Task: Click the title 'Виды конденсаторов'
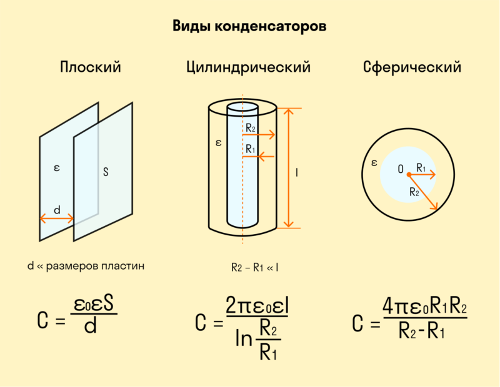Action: [x=249, y=26]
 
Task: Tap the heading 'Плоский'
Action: [x=91, y=67]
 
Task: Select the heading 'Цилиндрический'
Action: [x=248, y=67]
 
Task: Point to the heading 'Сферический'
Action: [x=412, y=67]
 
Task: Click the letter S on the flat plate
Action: [x=106, y=172]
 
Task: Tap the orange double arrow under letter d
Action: [x=57, y=219]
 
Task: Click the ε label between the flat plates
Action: [x=57, y=168]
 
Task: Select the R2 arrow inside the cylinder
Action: [x=259, y=135]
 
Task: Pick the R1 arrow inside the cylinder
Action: [x=258, y=157]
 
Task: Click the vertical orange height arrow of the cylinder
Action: [x=289, y=168]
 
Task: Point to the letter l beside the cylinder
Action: [x=297, y=173]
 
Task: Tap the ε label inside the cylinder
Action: [x=218, y=143]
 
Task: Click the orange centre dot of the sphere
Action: [x=409, y=175]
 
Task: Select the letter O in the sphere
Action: [x=401, y=169]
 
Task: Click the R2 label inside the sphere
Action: [x=414, y=192]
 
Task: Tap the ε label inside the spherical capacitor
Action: [x=374, y=163]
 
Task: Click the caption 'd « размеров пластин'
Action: [x=86, y=266]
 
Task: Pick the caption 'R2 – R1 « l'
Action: [x=254, y=268]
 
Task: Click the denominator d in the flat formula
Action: [x=90, y=326]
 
